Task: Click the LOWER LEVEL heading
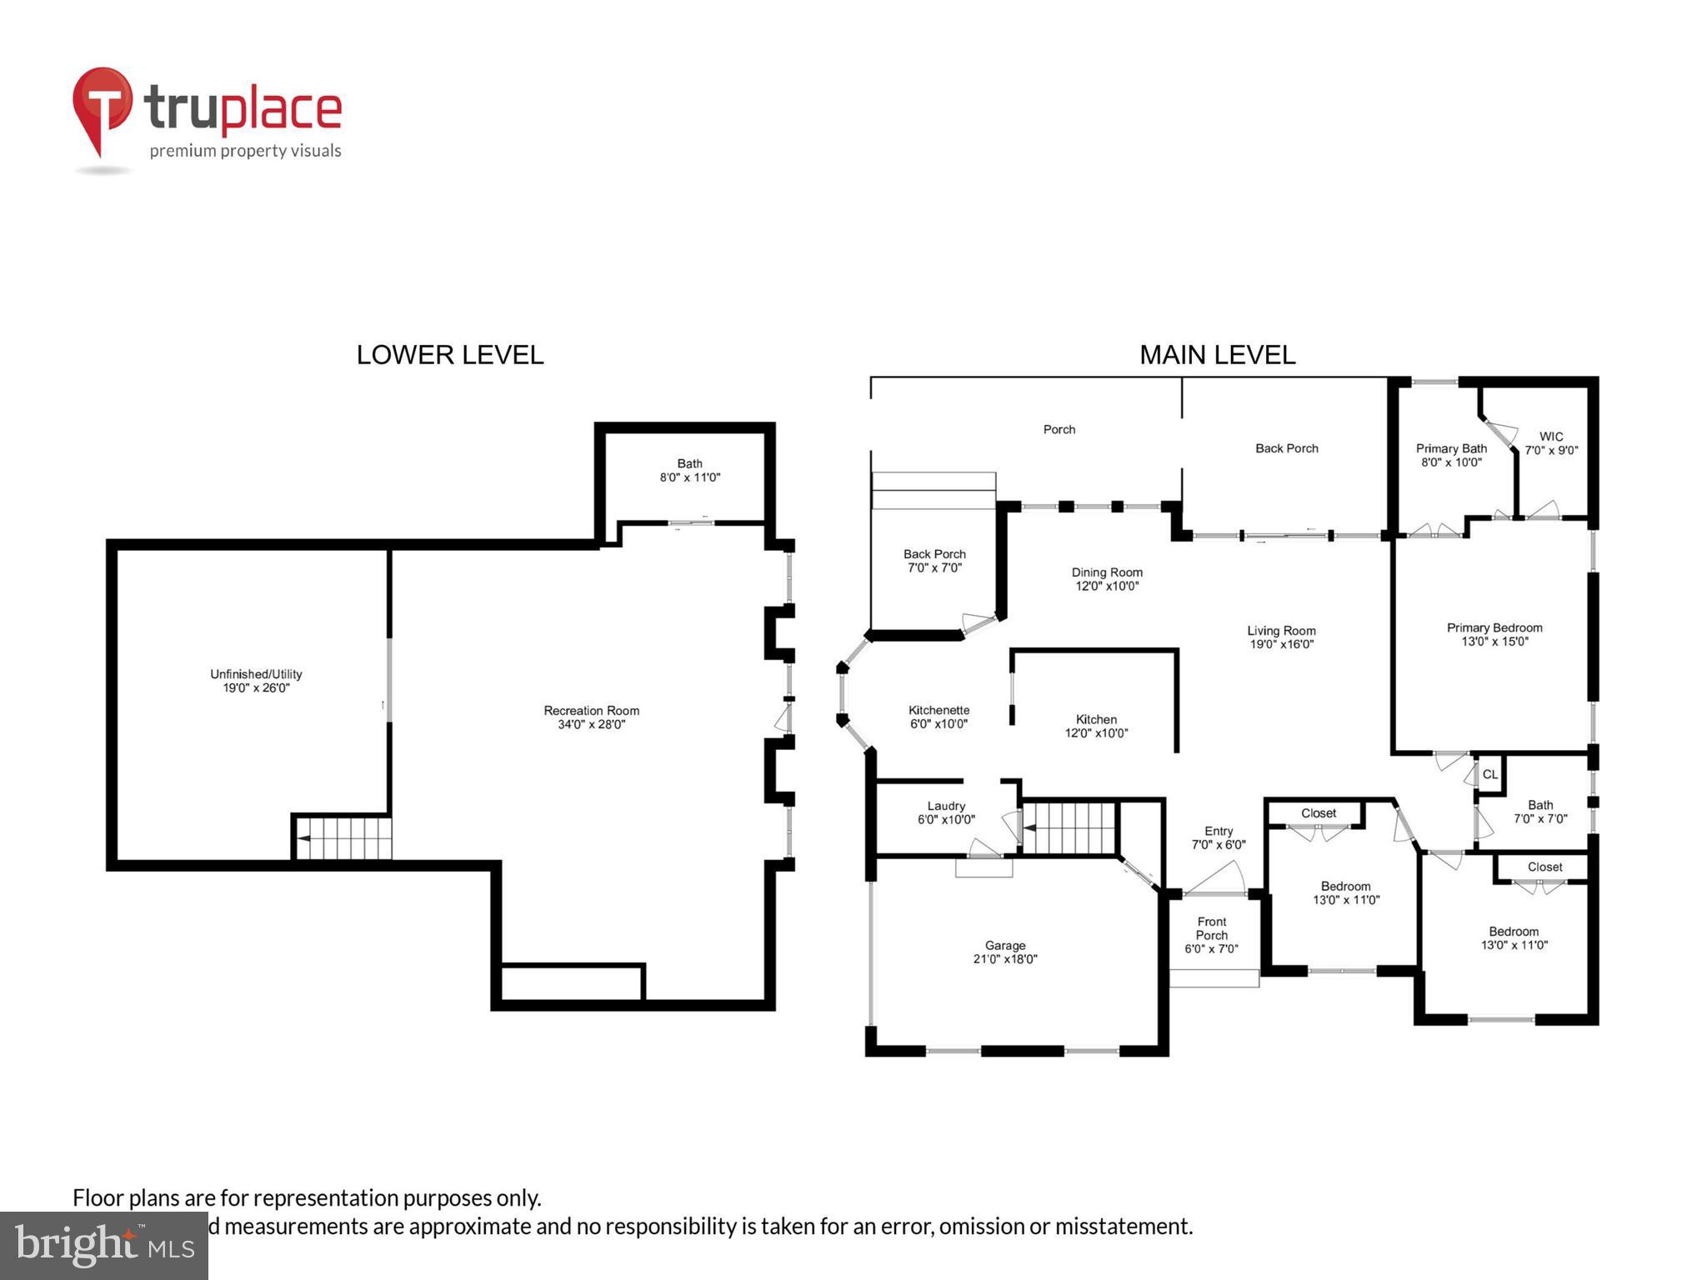(450, 355)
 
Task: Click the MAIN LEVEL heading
(1217, 355)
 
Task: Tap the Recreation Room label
(591, 717)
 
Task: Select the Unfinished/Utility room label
(256, 681)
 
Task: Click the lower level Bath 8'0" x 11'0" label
(689, 471)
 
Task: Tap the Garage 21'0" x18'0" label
(1004, 952)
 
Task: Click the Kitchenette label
(939, 717)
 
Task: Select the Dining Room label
(1106, 579)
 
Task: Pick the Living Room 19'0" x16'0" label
(1280, 637)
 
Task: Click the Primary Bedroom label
(1494, 634)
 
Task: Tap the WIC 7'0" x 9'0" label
(1550, 443)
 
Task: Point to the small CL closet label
(1490, 774)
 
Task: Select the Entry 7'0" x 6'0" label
(1218, 837)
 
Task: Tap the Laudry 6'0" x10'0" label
(945, 812)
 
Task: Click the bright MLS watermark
(104, 1246)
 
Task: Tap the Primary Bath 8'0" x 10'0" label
(1450, 455)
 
